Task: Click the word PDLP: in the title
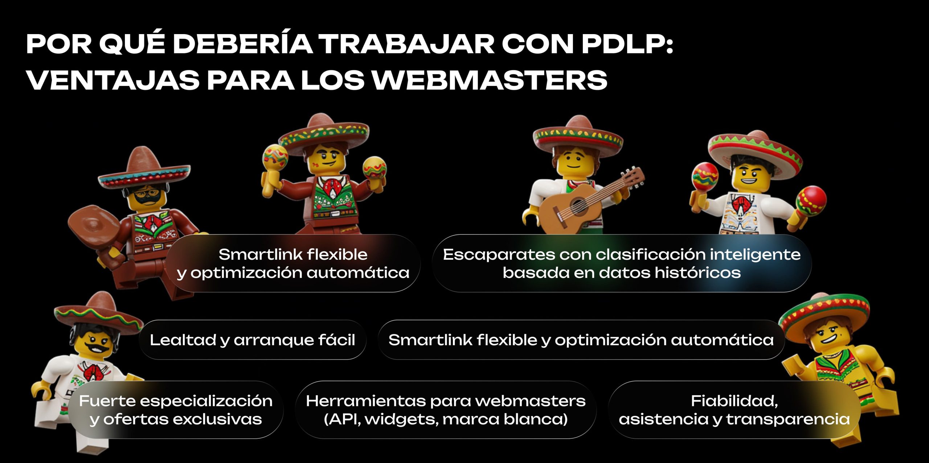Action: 627,44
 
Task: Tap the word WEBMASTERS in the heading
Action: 490,80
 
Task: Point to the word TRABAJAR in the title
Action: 406,44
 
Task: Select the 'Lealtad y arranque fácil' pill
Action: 253,340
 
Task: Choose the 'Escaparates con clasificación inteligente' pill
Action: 622,263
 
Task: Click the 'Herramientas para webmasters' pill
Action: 446,410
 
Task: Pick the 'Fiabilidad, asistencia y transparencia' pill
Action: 734,410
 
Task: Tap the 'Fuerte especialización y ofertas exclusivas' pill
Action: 176,410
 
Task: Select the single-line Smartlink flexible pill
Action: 581,340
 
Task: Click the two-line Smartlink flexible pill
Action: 293,263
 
